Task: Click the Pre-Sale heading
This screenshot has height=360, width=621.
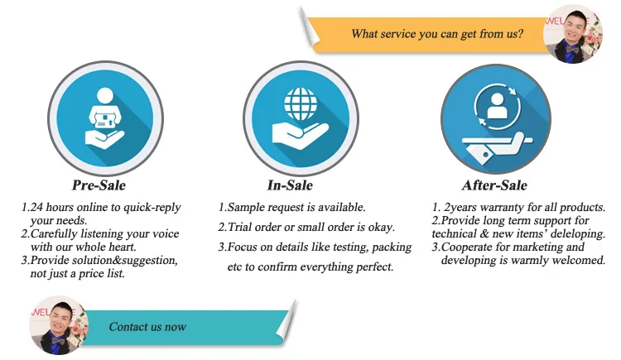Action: (x=99, y=185)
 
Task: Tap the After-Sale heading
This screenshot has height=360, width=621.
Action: (x=493, y=185)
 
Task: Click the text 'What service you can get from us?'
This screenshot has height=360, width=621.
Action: (x=436, y=34)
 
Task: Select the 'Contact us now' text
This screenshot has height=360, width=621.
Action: (x=147, y=327)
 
